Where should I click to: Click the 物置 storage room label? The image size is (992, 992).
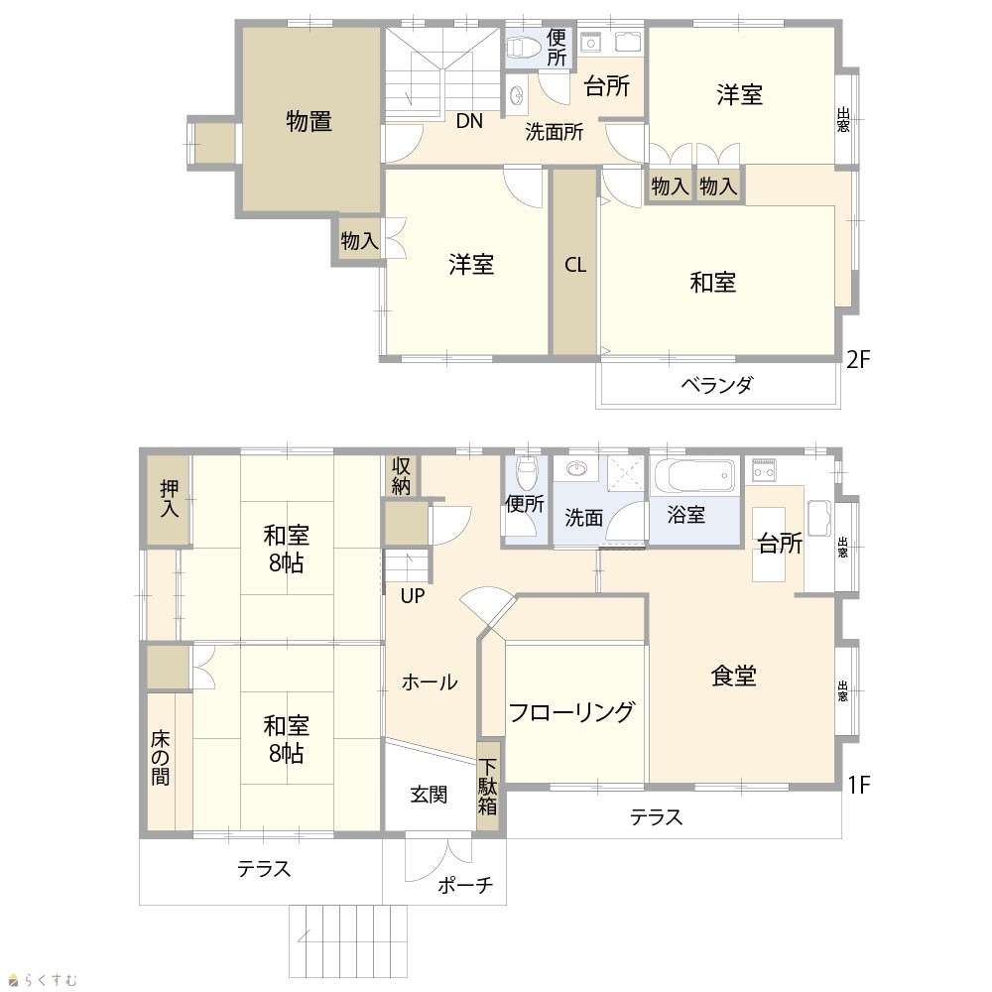pyautogui.click(x=309, y=121)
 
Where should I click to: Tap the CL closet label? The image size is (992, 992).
pyautogui.click(x=575, y=265)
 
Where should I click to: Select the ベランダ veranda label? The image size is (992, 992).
pyautogui.click(x=717, y=384)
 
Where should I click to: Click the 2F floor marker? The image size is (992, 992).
pyautogui.click(x=858, y=359)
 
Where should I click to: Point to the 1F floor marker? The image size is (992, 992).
pyautogui.click(x=858, y=785)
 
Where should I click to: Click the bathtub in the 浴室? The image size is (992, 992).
pyautogui.click(x=694, y=476)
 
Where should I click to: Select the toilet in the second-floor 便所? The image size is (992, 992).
pyautogui.click(x=524, y=46)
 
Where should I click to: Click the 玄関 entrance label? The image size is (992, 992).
pyautogui.click(x=429, y=794)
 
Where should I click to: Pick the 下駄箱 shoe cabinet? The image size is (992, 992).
pyautogui.click(x=487, y=787)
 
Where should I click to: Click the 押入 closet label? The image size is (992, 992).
pyautogui.click(x=169, y=498)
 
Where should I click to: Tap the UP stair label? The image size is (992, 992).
pyautogui.click(x=413, y=595)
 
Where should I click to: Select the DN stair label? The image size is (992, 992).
pyautogui.click(x=469, y=121)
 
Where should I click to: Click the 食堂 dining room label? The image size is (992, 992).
pyautogui.click(x=734, y=676)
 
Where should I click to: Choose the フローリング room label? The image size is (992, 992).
pyautogui.click(x=570, y=711)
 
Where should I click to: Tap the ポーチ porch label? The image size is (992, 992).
pyautogui.click(x=465, y=885)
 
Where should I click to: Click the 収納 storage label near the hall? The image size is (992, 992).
pyautogui.click(x=401, y=476)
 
